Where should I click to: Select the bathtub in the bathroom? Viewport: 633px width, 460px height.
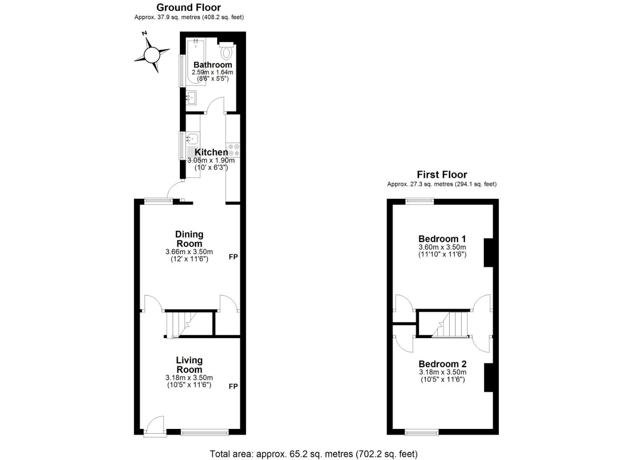pos(196,62)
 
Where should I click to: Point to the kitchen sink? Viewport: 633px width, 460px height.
pos(192,138)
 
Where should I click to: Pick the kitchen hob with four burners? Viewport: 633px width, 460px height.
pos(234,150)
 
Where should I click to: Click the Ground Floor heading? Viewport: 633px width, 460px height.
pos(188,7)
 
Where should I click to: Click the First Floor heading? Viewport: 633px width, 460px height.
pos(442,175)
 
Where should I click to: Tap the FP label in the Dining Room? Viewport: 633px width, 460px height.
pos(233,257)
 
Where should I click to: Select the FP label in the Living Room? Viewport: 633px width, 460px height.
pos(233,386)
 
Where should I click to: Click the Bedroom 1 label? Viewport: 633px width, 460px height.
pos(442,239)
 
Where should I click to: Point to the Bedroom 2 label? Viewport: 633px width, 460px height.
pos(442,364)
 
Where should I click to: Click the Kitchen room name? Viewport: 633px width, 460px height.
pos(211,152)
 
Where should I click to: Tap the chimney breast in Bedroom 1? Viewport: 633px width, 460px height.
pos(488,253)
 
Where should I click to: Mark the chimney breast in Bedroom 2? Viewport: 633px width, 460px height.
pos(488,377)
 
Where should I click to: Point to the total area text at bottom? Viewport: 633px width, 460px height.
pos(313,454)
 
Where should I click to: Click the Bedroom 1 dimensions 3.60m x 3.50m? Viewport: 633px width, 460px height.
pos(442,247)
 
